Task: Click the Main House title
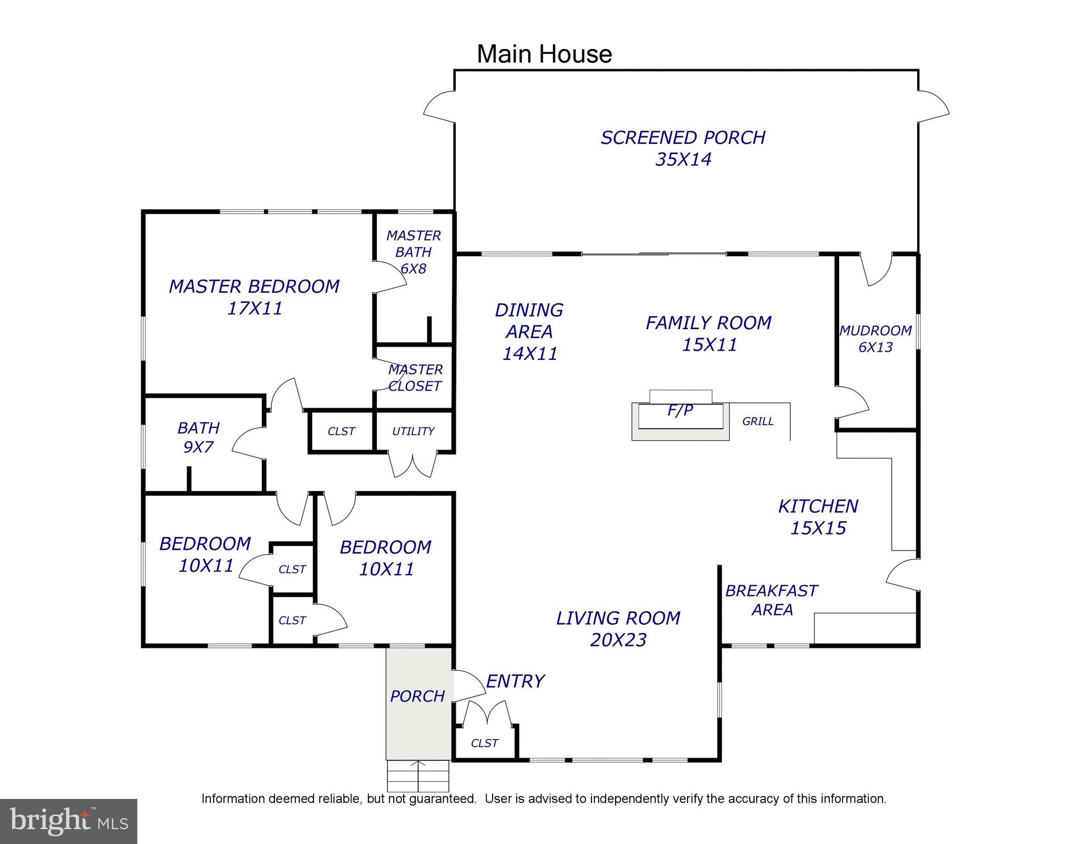pos(544,54)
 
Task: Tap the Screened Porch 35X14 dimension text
pos(683,159)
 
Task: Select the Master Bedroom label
pos(254,297)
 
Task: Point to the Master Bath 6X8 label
pos(414,252)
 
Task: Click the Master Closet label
pos(415,377)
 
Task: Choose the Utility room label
pos(414,431)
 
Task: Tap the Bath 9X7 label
pos(198,437)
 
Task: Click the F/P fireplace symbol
pos(680,415)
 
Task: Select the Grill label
pos(758,421)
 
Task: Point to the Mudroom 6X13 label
pos(875,339)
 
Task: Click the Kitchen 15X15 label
pos(818,517)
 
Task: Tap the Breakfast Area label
pos(772,600)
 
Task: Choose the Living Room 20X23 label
pos(618,629)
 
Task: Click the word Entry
pos(515,681)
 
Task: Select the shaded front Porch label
pos(417,696)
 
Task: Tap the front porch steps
pos(418,776)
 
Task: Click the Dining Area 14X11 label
pos(529,332)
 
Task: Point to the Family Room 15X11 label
pos(709,334)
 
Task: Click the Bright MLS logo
pos(69,821)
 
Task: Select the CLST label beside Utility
pos(341,431)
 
